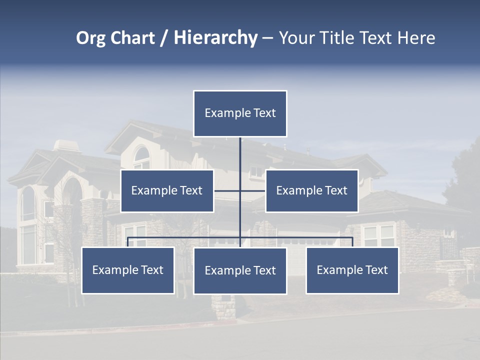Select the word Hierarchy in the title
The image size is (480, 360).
(215, 38)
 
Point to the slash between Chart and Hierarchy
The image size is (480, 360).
(164, 38)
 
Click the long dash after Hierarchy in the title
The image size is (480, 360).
(267, 38)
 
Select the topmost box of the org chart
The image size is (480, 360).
(240, 113)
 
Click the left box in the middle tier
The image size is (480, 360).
(167, 190)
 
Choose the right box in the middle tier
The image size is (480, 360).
(311, 190)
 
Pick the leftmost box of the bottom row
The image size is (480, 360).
(128, 270)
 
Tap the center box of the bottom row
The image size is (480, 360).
(240, 270)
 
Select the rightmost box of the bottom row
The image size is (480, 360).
(352, 270)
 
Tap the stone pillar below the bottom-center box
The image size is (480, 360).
(223, 307)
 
